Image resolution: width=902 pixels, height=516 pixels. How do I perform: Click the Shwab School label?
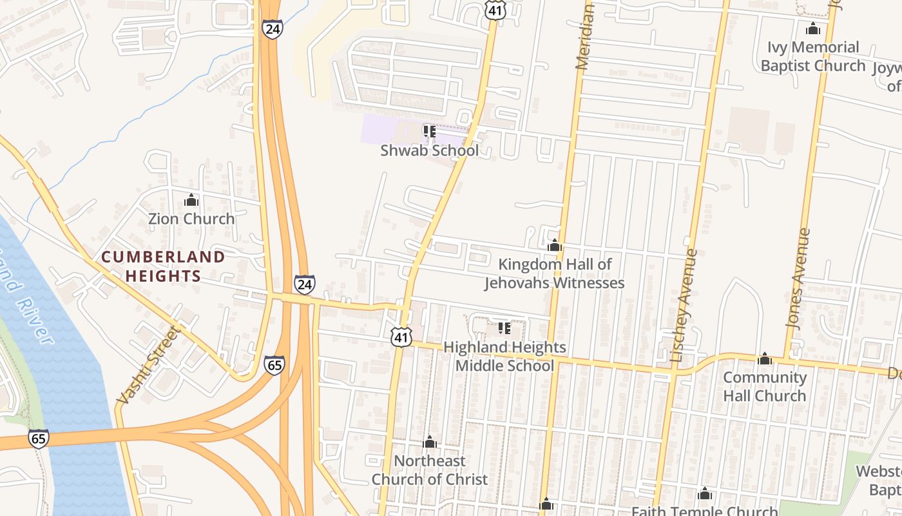(x=429, y=151)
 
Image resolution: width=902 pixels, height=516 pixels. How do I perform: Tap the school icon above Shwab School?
(x=430, y=132)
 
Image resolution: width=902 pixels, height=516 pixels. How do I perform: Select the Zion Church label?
(x=191, y=219)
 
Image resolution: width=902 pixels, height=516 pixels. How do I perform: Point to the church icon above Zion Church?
(x=191, y=200)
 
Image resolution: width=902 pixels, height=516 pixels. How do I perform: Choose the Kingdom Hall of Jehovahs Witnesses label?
(x=554, y=273)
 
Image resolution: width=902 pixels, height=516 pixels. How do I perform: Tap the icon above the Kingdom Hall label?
(x=554, y=245)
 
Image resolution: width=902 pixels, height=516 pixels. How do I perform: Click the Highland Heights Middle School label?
(x=504, y=357)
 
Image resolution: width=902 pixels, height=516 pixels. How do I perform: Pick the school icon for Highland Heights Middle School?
(x=504, y=328)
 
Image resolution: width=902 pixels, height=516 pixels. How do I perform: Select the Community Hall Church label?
(x=764, y=386)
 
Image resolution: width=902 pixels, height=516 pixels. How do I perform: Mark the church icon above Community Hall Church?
(x=765, y=359)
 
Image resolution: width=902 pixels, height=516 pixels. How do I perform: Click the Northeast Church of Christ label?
(x=429, y=470)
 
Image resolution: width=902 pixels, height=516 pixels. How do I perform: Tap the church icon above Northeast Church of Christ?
(x=430, y=442)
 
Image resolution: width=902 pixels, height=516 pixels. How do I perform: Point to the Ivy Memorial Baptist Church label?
(x=812, y=57)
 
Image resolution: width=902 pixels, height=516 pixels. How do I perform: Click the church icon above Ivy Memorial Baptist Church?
(x=813, y=29)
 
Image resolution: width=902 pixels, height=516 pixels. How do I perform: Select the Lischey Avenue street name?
(x=684, y=305)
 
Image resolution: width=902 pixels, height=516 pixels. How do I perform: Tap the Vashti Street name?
(x=147, y=365)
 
